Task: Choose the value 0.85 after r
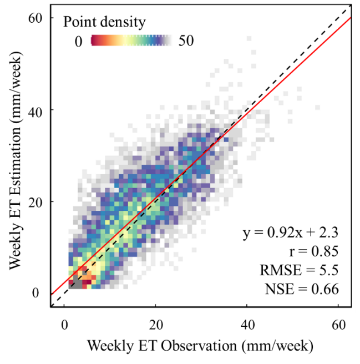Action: [x=324, y=252]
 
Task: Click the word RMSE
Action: [x=280, y=270]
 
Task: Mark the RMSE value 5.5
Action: [x=329, y=270]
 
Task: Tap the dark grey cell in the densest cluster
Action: [x=73, y=282]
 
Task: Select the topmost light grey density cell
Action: [x=249, y=38]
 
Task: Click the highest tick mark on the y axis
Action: [x=53, y=17]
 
